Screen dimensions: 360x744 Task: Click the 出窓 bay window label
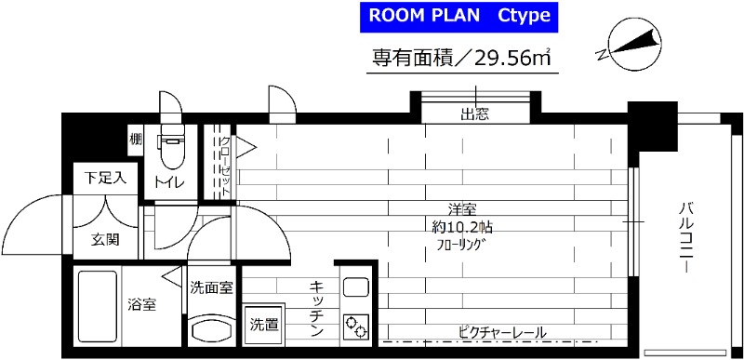tap(475, 115)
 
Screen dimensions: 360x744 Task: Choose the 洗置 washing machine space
tap(260, 325)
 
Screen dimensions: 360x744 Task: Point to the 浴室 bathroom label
tap(141, 304)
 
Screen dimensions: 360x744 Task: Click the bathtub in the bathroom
tap(97, 308)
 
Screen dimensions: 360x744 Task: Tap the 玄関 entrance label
tap(104, 239)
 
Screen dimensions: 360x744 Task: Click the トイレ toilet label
tap(169, 181)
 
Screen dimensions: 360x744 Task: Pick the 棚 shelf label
tap(136, 141)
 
